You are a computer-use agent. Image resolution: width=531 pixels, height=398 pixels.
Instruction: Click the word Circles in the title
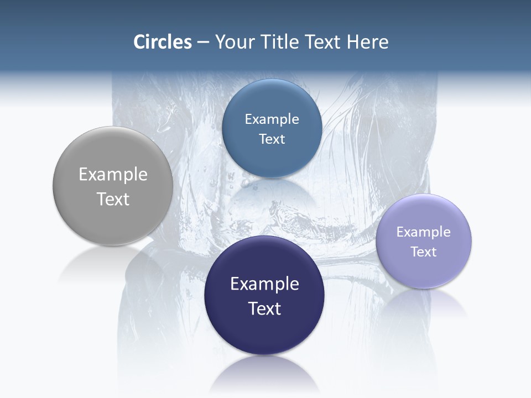point(163,42)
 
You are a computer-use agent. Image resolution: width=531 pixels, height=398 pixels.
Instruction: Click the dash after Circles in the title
point(203,43)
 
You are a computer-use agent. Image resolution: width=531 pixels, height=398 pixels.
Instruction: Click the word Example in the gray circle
point(113,175)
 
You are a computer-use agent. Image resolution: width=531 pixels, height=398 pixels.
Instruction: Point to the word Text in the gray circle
point(113,199)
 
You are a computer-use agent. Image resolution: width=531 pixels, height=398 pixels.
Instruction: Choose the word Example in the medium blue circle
point(272,119)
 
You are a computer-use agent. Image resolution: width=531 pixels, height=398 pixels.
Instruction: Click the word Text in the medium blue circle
point(272,139)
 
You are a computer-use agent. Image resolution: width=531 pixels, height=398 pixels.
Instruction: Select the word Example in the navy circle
point(264,284)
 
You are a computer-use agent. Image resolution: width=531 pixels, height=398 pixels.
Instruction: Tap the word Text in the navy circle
point(264,308)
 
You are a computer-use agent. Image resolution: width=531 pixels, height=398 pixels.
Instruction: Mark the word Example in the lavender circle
point(424,232)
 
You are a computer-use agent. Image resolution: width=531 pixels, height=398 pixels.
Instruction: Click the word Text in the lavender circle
point(424,252)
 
